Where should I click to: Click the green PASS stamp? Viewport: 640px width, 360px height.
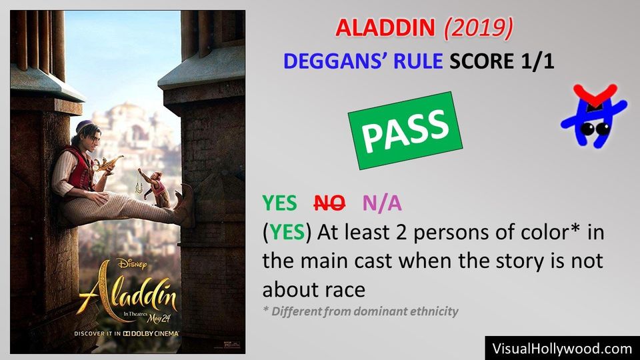point(405,129)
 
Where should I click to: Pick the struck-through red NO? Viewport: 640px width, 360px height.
point(329,203)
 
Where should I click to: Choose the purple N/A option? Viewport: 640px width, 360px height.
point(382,203)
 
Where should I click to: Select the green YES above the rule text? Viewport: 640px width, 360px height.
point(279,203)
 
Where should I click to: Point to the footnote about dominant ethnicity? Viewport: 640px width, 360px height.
point(360,311)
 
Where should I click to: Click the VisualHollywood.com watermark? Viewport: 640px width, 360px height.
point(562,348)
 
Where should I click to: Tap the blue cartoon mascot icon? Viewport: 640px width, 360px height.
point(593,116)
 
